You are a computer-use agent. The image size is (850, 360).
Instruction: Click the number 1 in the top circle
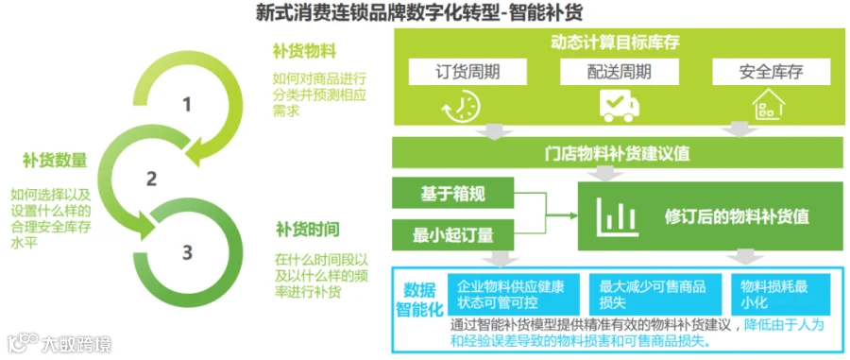point(187,104)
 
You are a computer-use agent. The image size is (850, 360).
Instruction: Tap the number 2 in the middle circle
point(152,179)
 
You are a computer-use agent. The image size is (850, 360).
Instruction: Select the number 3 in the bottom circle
point(187,252)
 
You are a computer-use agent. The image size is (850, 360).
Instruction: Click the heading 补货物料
point(305,52)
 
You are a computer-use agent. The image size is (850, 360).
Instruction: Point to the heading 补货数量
point(55,160)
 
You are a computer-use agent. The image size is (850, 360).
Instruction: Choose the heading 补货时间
point(307,230)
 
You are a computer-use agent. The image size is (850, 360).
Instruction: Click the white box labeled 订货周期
point(467,71)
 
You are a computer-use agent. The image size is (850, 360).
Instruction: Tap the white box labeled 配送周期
point(619,71)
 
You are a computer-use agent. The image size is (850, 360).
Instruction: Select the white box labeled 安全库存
point(771,71)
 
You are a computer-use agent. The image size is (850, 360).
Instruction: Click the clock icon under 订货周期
point(461,105)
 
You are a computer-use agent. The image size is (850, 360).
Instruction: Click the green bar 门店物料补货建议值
point(617,153)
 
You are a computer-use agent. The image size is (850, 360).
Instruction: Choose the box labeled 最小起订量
point(453,234)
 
